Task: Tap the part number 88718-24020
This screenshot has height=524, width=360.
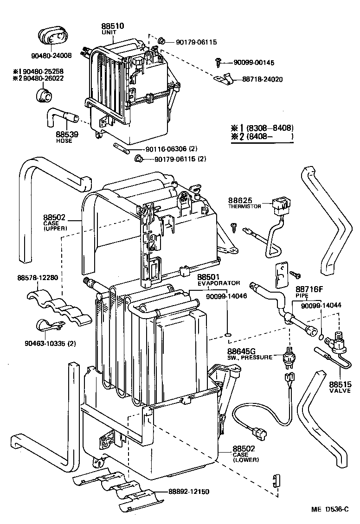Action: tap(262, 79)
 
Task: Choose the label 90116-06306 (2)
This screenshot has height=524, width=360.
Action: tap(171, 149)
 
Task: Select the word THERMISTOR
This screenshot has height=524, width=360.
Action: tap(244, 206)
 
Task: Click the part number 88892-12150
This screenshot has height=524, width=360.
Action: tap(186, 491)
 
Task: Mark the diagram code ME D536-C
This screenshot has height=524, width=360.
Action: tap(330, 509)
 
